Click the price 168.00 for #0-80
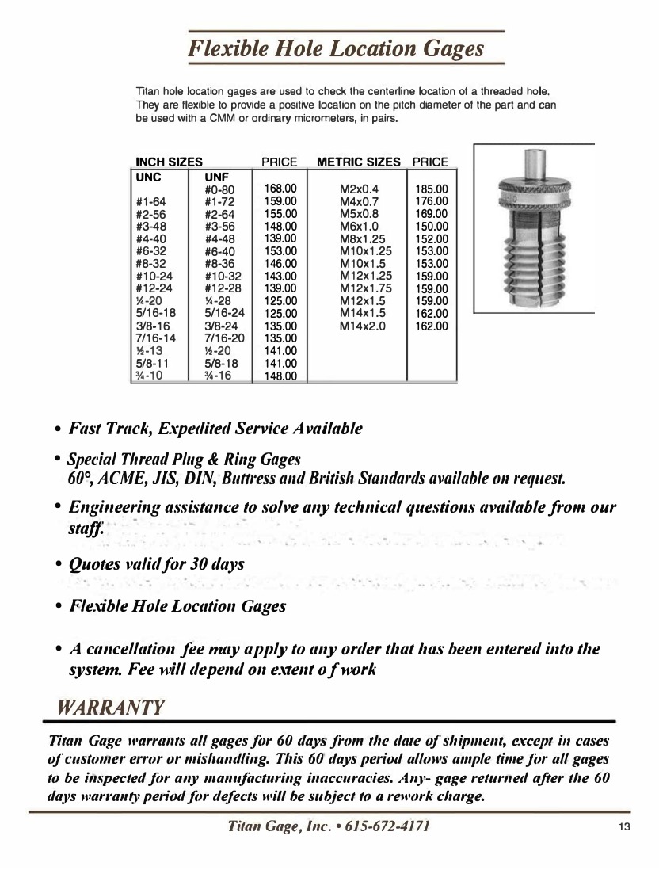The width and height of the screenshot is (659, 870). pos(280,189)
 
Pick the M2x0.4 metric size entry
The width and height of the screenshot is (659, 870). pos(359,189)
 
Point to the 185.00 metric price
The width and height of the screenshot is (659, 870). pos(432,189)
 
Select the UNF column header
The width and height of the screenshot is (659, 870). pos(217,177)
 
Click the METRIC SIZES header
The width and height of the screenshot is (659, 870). pos(359,162)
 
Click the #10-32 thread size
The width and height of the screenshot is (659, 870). pos(223,276)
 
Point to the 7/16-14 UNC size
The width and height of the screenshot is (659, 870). pos(155,338)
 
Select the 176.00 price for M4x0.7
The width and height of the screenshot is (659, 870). pos(432,201)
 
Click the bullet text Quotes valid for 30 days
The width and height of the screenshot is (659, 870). pos(157,564)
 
